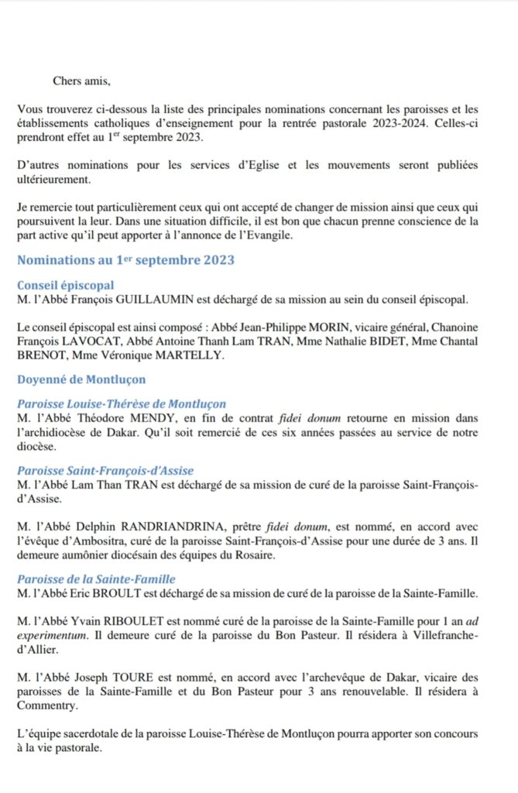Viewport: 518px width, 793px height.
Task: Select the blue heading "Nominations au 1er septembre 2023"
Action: click(125, 260)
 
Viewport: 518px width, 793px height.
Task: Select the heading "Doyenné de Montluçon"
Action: click(81, 379)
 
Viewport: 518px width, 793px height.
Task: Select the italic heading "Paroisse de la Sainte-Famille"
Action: click(96, 578)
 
